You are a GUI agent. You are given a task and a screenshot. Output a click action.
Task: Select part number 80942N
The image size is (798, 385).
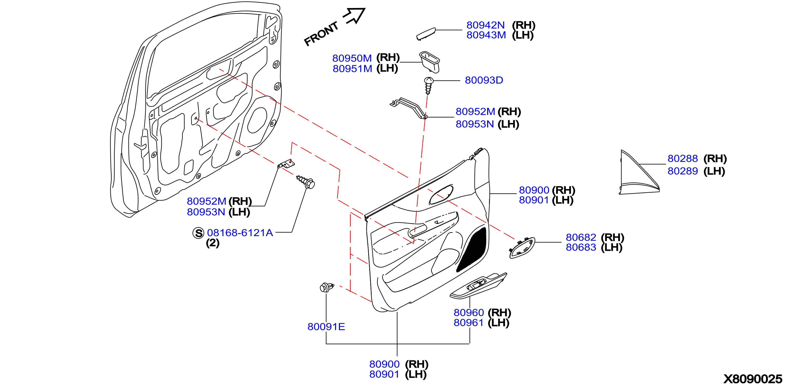(x=486, y=25)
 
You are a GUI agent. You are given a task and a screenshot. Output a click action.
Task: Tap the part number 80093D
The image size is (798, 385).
(x=484, y=80)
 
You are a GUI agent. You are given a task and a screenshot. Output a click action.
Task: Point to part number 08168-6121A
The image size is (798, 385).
(x=240, y=233)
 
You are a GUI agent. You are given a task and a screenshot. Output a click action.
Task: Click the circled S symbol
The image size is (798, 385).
(x=198, y=233)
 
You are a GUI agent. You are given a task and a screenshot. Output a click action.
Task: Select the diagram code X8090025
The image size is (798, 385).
(x=753, y=379)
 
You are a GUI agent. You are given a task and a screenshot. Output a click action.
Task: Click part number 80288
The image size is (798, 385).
(x=683, y=159)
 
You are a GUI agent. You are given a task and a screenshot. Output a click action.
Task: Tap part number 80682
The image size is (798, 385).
(x=581, y=237)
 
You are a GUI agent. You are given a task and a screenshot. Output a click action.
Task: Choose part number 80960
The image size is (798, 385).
(x=469, y=313)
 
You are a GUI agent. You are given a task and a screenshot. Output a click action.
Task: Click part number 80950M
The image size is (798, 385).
(x=352, y=58)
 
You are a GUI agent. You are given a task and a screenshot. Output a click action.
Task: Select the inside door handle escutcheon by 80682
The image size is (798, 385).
(x=522, y=247)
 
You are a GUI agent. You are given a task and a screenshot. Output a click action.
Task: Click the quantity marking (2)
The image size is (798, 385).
(x=213, y=243)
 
